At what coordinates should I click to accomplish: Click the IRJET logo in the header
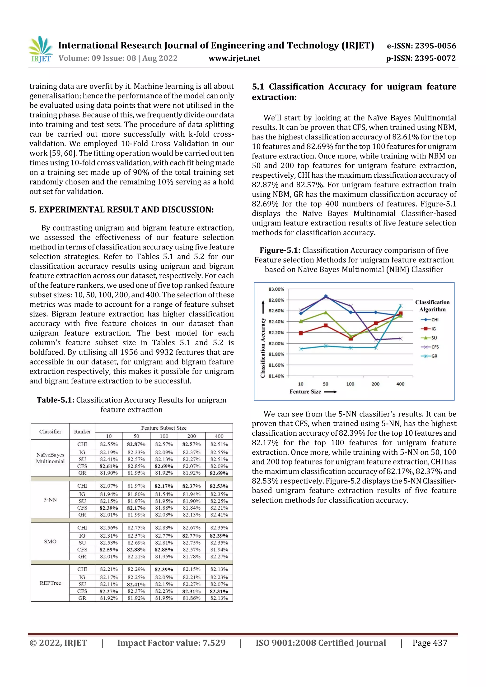pyautogui.click(x=41, y=49)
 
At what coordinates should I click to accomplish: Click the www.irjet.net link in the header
pyautogui.click(x=234, y=58)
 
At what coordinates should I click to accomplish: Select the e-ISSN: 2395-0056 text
pyautogui.click(x=421, y=46)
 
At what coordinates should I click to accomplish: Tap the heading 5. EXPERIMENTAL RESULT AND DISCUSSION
pyautogui.click(x=121, y=209)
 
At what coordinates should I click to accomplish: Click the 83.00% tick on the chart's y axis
pyautogui.click(x=276, y=289)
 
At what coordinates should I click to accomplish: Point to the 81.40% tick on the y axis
pyautogui.click(x=276, y=376)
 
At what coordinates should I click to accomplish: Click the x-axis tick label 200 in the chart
pyautogui.click(x=375, y=384)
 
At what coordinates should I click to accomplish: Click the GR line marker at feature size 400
pyautogui.click(x=401, y=306)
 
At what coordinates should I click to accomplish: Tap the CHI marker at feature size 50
pyautogui.click(x=326, y=296)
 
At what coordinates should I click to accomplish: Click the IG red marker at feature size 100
pyautogui.click(x=351, y=338)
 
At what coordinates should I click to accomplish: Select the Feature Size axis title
pyautogui.click(x=305, y=392)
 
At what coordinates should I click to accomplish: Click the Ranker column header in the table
pyautogui.click(x=82, y=431)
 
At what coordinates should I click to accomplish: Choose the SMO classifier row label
pyautogui.click(x=50, y=541)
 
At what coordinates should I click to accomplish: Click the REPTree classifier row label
pyautogui.click(x=50, y=583)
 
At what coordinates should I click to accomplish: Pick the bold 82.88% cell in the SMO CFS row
pyautogui.click(x=136, y=549)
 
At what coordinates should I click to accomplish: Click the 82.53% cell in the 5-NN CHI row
pyautogui.click(x=219, y=486)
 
